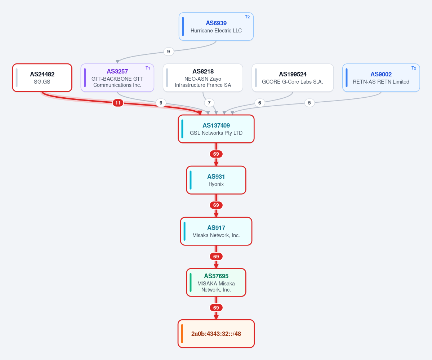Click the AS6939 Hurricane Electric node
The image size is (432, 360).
point(216,27)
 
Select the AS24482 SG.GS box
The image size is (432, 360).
point(42,78)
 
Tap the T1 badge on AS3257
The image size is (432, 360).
point(148,68)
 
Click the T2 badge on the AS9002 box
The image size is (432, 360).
point(414,68)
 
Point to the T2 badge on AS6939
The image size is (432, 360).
point(247,17)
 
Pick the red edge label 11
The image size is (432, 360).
point(118,103)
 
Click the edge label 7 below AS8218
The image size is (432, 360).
point(209,103)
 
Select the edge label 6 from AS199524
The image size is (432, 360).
point(259,103)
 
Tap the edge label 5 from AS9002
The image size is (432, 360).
point(309,103)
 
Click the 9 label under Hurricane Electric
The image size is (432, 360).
point(169,52)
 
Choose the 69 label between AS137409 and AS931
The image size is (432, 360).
point(216,154)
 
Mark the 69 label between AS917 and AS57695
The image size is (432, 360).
point(216,256)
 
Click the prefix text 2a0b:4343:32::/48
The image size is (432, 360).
point(216,334)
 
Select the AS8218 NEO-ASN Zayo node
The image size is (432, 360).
point(203,78)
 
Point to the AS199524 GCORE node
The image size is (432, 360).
point(293,78)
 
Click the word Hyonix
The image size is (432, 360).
point(216,184)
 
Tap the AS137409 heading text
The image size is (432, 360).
point(216,125)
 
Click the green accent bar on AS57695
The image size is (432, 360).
point(190,282)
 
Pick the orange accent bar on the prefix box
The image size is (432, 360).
point(182,334)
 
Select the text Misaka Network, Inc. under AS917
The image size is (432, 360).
point(216,235)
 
